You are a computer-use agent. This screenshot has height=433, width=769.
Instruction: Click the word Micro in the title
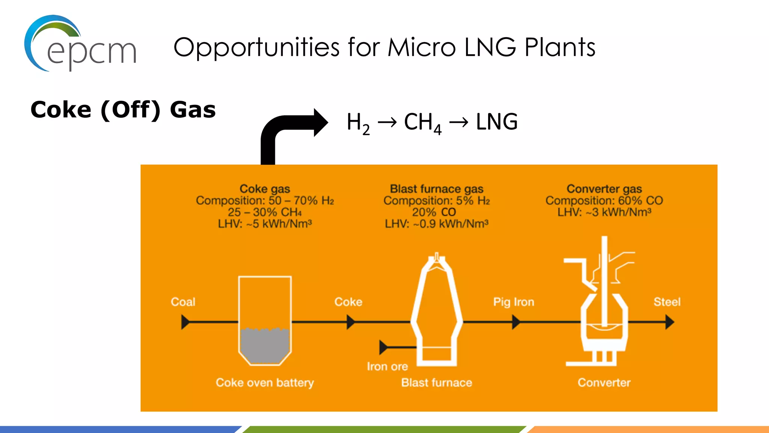point(422,48)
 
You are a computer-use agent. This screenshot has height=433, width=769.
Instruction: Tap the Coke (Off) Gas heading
point(123,110)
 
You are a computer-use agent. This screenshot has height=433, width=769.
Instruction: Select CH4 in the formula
point(422,123)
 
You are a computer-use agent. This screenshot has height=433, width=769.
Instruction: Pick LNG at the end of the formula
point(496,122)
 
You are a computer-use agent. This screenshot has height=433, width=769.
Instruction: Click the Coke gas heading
point(265,189)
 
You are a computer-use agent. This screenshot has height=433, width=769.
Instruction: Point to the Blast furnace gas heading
point(436,189)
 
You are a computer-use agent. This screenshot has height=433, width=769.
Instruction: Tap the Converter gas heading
point(604,189)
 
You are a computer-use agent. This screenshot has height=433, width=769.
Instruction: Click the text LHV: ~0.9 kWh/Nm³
point(436,224)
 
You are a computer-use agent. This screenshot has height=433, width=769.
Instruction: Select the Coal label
point(183,302)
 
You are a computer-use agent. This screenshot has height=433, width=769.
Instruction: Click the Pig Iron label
point(513,302)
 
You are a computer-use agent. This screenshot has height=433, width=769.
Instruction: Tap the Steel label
point(667,302)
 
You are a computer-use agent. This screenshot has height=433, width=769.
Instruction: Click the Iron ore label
point(387,366)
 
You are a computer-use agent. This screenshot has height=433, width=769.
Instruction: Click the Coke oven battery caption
point(265,383)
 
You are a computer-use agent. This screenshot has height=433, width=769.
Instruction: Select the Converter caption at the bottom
point(604,383)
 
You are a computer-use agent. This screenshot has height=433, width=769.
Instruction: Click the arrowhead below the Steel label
point(669,322)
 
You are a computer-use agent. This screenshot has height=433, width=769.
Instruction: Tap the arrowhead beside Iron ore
point(384,347)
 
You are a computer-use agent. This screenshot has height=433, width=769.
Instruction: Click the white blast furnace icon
point(436,312)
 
